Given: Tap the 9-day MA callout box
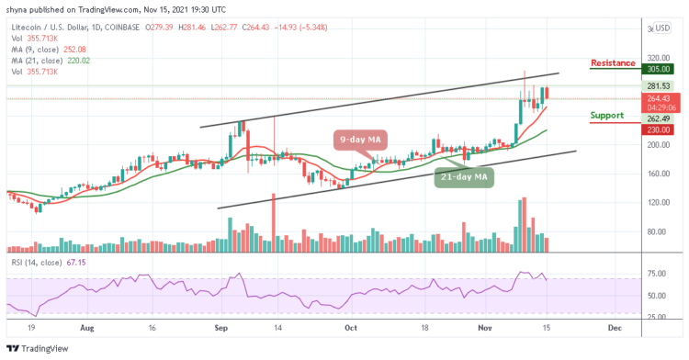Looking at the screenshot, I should point(360,139).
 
